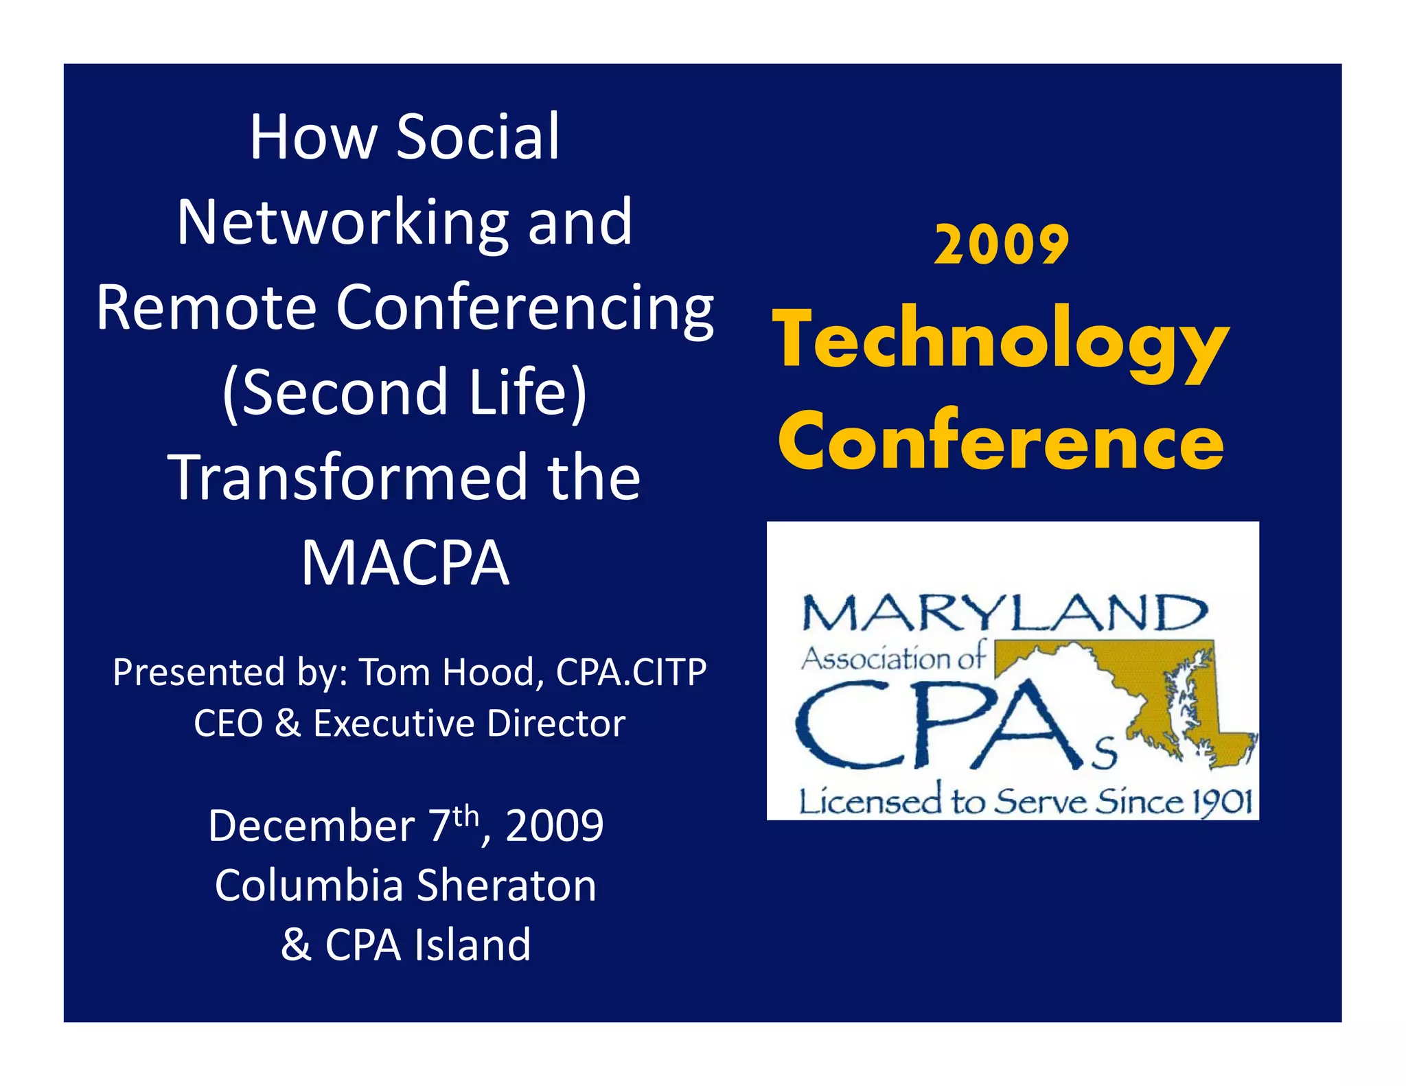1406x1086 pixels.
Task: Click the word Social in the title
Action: pos(478,137)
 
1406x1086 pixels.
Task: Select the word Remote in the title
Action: pos(206,308)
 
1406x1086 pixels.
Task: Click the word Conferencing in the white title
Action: pos(525,309)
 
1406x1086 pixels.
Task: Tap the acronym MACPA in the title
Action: pos(405,563)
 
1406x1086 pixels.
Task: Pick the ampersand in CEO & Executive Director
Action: pos(288,724)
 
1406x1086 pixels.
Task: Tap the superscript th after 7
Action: pos(465,816)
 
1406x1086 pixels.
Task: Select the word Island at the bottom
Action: pos(472,945)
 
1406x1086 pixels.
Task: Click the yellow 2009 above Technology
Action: pos(1002,245)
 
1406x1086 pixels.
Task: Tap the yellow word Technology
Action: pos(1000,341)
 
